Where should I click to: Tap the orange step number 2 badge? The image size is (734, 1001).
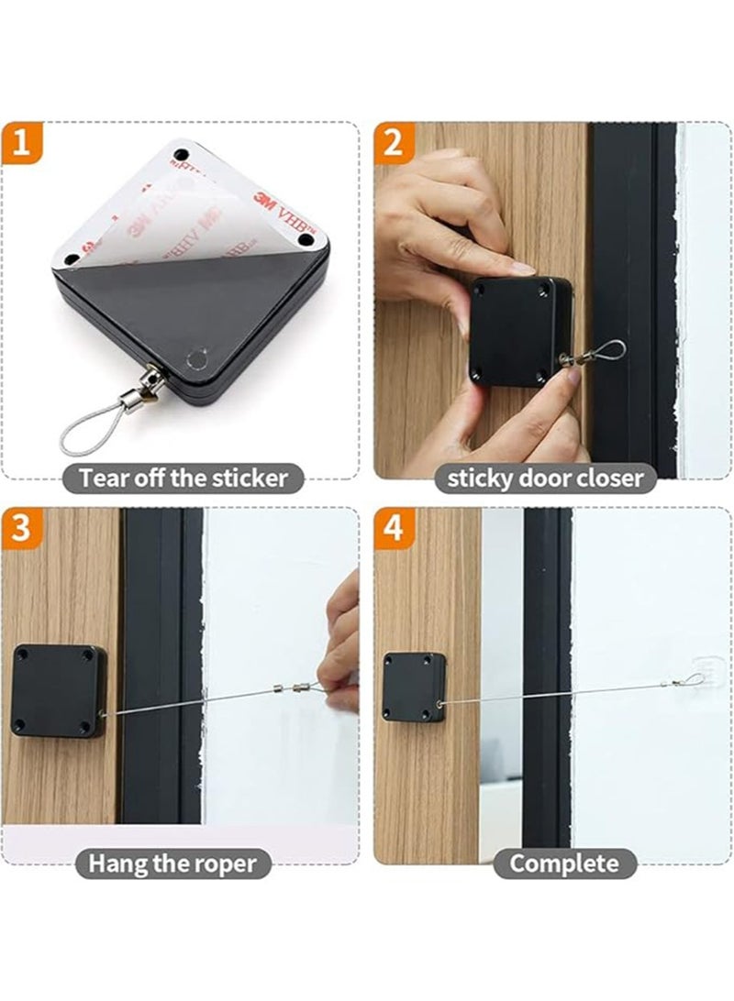click(394, 145)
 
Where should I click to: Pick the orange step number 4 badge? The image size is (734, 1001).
click(394, 530)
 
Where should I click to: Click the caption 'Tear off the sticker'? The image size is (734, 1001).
click(183, 477)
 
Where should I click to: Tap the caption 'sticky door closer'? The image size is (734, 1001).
click(545, 477)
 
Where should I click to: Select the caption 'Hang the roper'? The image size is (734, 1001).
click(172, 863)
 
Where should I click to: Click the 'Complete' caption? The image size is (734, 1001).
click(563, 863)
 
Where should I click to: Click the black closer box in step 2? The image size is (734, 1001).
click(513, 330)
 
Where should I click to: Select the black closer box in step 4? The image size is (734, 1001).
click(414, 687)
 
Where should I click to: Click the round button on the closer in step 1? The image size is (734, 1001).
click(194, 355)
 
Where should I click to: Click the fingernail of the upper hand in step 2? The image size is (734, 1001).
click(521, 269)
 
